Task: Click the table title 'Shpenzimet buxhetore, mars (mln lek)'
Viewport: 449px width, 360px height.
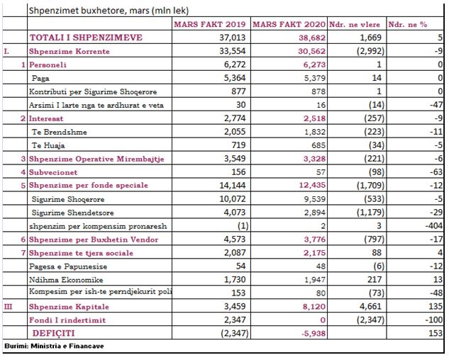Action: click(109, 11)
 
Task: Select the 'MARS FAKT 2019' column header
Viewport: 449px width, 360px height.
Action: click(210, 24)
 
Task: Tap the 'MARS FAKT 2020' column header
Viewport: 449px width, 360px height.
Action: click(289, 24)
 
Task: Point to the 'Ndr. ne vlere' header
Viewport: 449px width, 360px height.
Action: click(355, 25)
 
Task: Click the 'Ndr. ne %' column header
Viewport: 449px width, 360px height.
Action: click(407, 25)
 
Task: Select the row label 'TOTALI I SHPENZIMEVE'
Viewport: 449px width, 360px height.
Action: click(86, 38)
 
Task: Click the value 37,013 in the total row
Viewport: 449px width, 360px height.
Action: click(232, 38)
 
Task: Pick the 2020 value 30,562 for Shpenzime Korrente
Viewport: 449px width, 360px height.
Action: click(311, 51)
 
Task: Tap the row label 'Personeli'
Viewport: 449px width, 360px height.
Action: click(48, 64)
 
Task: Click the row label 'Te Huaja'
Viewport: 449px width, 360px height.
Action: click(48, 145)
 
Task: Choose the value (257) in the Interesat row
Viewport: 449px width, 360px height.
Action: click(374, 118)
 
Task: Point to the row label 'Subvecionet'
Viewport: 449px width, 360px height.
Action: click(53, 172)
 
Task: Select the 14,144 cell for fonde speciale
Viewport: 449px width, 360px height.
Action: click(232, 186)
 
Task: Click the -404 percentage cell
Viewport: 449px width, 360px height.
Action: click(434, 226)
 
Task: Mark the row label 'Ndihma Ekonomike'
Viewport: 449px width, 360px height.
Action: click(66, 280)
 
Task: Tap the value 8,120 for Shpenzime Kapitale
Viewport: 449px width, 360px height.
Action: click(314, 306)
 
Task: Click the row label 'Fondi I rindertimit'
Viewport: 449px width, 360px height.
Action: click(67, 320)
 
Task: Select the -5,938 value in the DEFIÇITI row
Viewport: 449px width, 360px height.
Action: click(314, 333)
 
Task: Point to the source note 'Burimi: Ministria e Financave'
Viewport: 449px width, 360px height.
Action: click(54, 346)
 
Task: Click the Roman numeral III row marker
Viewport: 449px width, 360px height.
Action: click(8, 306)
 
